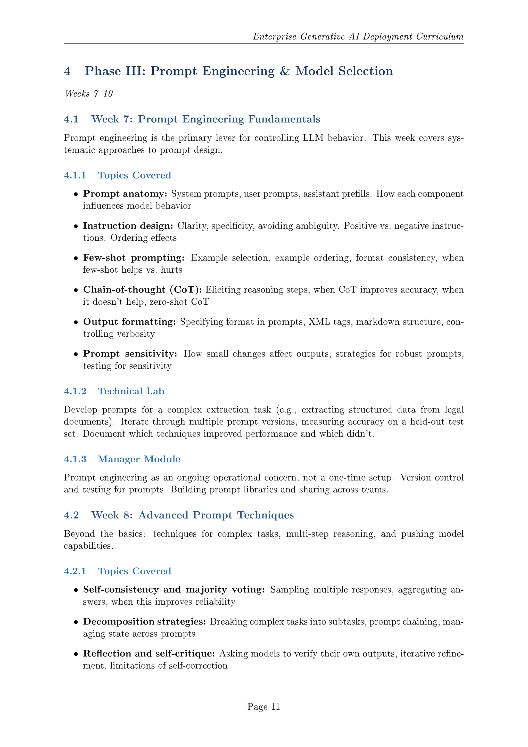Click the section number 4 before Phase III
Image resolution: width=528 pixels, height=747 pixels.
pos(67,71)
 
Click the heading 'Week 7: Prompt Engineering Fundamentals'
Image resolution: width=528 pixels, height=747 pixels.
pos(205,119)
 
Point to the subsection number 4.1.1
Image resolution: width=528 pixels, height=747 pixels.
pos(75,175)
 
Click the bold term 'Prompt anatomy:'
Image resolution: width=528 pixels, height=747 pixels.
pos(125,194)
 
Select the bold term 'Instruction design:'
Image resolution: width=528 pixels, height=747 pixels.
pos(128,226)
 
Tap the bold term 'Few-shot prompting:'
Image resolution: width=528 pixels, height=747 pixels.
pos(134,258)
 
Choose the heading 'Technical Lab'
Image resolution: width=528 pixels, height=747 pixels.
pos(131,391)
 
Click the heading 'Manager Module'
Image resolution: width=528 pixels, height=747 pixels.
pos(139,459)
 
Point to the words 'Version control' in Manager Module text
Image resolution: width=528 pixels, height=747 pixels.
pos(431,478)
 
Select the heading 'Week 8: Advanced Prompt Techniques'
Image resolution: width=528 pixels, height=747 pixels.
pos(193,515)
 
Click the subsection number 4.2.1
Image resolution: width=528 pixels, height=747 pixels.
pos(75,571)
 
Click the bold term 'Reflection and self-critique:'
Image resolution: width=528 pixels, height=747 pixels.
pos(149,654)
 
